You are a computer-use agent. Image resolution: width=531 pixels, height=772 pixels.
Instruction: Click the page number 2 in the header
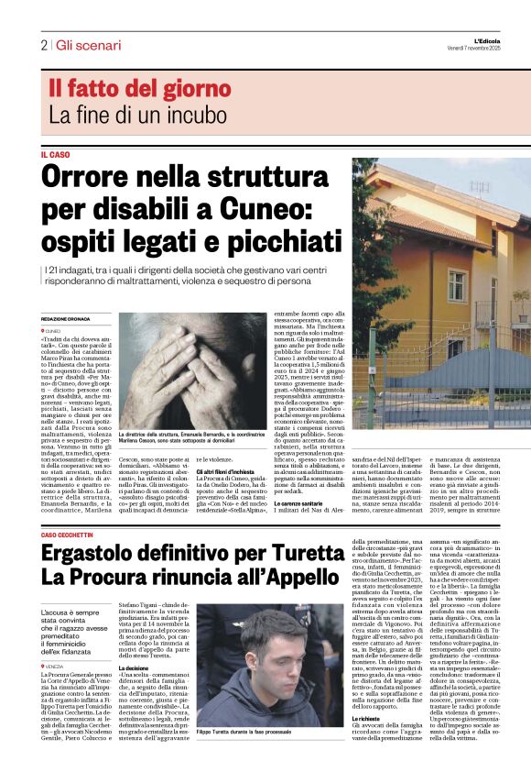43,45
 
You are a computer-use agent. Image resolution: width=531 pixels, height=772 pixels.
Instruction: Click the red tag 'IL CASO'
55,155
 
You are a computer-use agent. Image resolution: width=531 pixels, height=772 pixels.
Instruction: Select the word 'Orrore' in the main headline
92,176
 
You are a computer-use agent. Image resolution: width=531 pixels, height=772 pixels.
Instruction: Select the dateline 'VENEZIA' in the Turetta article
56,666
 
